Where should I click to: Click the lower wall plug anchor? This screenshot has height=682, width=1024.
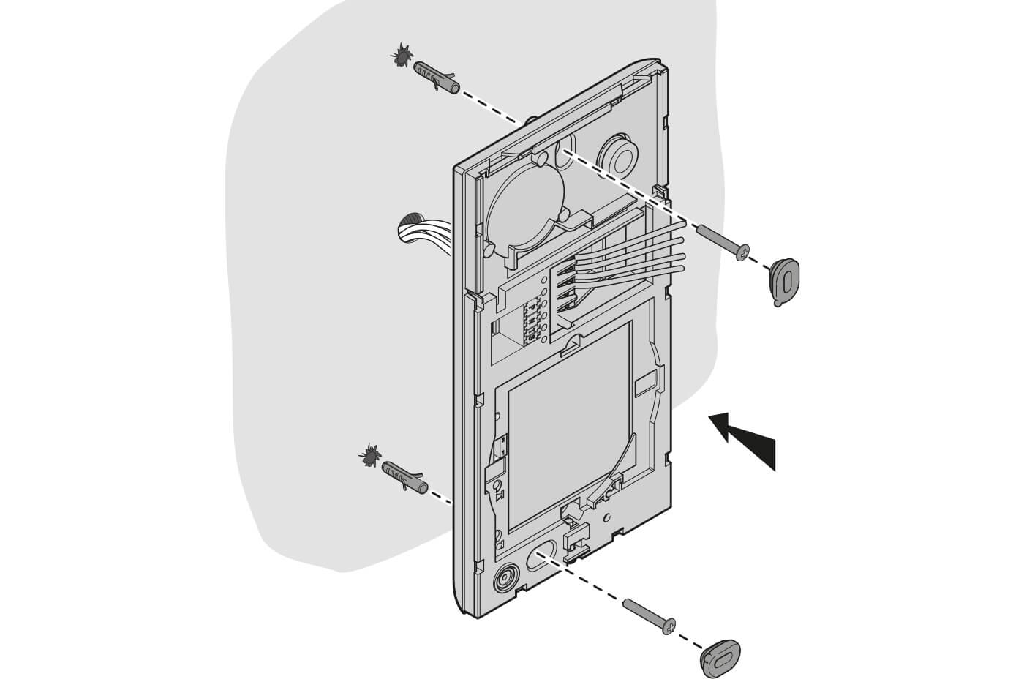click(404, 476)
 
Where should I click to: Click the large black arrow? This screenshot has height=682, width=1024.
click(746, 436)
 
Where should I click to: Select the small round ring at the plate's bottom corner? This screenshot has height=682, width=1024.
click(505, 580)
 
